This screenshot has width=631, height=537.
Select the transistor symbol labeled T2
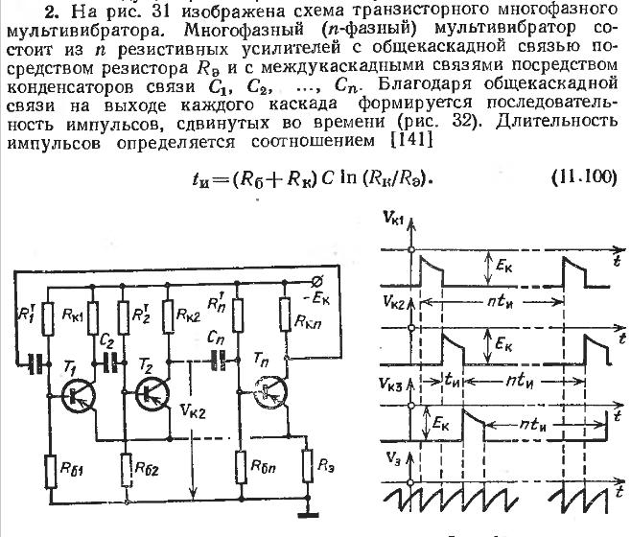[152, 393]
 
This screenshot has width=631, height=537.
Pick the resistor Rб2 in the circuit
[126, 471]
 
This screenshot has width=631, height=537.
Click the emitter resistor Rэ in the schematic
[306, 467]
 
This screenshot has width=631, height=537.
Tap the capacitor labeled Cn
[221, 361]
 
